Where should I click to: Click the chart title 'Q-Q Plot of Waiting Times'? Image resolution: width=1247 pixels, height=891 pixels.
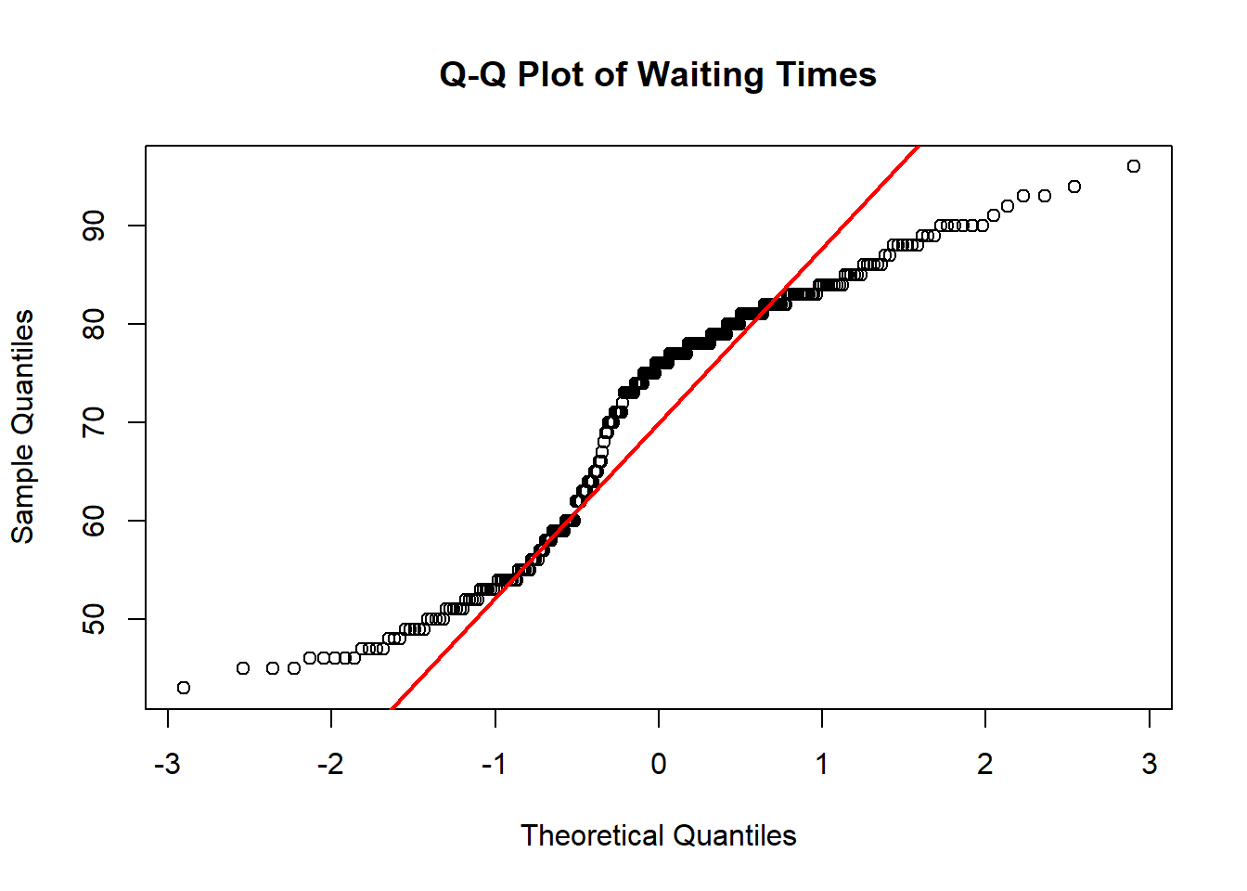pyautogui.click(x=658, y=74)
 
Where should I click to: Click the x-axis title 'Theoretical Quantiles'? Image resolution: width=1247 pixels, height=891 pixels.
pyautogui.click(x=658, y=835)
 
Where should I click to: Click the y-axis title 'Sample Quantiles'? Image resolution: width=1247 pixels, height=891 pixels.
pyautogui.click(x=22, y=427)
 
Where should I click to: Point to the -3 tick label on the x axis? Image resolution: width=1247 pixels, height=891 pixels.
pyautogui.click(x=167, y=764)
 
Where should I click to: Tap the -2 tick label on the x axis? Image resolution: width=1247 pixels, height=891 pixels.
pyautogui.click(x=330, y=764)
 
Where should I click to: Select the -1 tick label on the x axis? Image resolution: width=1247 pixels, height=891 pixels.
pyautogui.click(x=494, y=764)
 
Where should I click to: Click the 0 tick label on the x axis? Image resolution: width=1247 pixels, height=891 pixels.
pyautogui.click(x=658, y=764)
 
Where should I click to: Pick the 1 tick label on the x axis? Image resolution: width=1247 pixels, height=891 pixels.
pyautogui.click(x=822, y=764)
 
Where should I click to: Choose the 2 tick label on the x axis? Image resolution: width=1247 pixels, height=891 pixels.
pyautogui.click(x=985, y=764)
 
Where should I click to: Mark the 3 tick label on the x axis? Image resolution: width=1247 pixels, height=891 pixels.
pyautogui.click(x=1150, y=764)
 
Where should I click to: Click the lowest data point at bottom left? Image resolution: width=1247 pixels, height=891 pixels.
pyautogui.click(x=184, y=688)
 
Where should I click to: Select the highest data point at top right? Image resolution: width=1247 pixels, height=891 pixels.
pyautogui.click(x=1133, y=166)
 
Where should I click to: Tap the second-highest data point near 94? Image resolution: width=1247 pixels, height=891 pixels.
pyautogui.click(x=1074, y=187)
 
